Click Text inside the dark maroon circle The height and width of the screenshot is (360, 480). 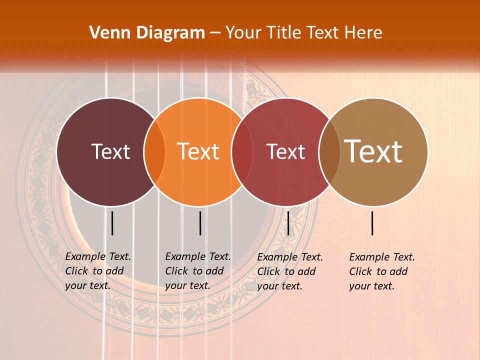click(x=110, y=151)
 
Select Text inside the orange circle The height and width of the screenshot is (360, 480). click(x=198, y=151)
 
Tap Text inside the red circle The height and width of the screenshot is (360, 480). click(x=285, y=151)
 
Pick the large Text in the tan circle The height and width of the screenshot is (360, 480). click(x=373, y=151)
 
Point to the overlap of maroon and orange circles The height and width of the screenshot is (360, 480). click(x=154, y=152)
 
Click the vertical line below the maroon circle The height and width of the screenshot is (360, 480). click(x=112, y=223)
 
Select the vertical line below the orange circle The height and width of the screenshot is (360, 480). click(x=200, y=223)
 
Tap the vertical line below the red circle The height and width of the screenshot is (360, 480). click(x=288, y=223)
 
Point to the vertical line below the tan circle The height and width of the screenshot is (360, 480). click(x=372, y=223)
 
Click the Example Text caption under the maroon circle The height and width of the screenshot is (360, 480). click(x=97, y=271)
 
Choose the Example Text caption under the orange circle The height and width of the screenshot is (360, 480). click(x=197, y=271)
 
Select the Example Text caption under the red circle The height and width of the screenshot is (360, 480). click(x=289, y=271)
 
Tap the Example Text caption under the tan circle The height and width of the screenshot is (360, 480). click(x=381, y=271)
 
